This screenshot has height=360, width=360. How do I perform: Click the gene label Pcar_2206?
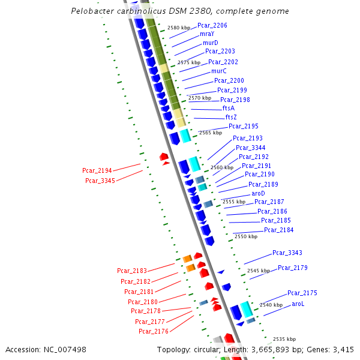(212, 25)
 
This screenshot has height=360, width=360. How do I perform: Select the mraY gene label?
(207, 34)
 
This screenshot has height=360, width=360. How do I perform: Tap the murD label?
(210, 43)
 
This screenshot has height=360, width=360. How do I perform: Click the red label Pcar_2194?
(97, 171)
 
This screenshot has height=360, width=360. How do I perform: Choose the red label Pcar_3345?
(100, 181)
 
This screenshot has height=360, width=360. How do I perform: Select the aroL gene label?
(298, 304)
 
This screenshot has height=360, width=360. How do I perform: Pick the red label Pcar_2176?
(154, 331)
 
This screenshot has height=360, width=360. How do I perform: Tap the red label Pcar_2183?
(132, 271)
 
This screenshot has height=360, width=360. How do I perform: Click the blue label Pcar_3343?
(287, 253)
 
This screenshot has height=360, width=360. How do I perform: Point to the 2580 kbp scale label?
(179, 28)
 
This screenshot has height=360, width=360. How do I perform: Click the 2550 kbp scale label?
(245, 236)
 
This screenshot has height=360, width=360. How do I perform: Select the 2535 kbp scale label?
(284, 339)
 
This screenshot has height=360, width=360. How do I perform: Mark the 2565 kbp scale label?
(210, 133)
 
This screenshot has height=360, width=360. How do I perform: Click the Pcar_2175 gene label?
(302, 293)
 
